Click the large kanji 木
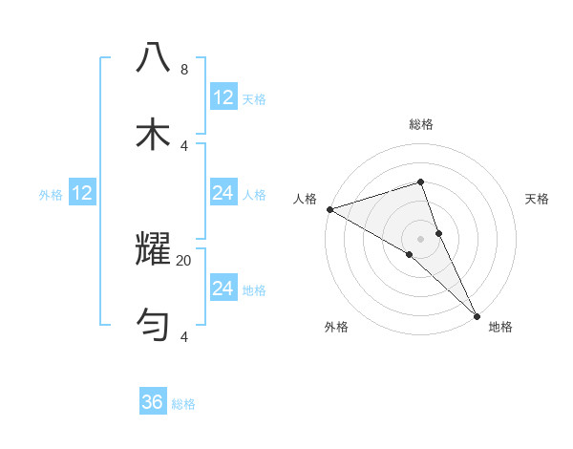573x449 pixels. (x=154, y=134)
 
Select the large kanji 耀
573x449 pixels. (x=154, y=248)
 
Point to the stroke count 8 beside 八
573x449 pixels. (x=183, y=70)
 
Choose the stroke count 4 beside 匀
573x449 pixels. (x=183, y=337)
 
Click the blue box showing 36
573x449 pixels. (x=153, y=402)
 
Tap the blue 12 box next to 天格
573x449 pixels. (x=223, y=97)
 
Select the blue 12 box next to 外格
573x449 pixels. (x=82, y=194)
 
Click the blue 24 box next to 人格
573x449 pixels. (x=223, y=194)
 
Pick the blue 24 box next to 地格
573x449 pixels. (x=223, y=289)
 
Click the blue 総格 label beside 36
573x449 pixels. (x=183, y=404)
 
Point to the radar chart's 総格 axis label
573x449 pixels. (x=421, y=124)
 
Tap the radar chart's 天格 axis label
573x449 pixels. (x=538, y=199)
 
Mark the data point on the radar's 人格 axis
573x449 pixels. (x=329, y=208)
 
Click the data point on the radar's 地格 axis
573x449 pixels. (x=477, y=314)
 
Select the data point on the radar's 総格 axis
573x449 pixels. (x=421, y=182)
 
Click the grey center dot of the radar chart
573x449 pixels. (x=421, y=238)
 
